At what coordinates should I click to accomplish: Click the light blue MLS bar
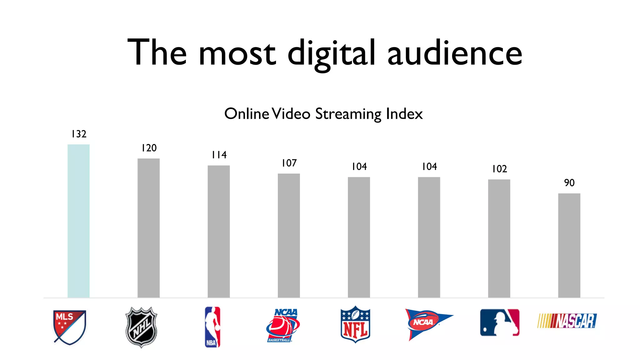(x=78, y=221)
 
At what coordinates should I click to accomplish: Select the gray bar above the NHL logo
(x=148, y=228)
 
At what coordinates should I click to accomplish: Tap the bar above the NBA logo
(x=219, y=231)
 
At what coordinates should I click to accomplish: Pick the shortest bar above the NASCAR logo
(x=569, y=245)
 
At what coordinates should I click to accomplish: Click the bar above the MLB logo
(x=499, y=238)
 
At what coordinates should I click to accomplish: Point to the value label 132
(x=79, y=134)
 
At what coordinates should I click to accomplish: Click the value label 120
(x=149, y=148)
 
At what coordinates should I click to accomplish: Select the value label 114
(x=219, y=155)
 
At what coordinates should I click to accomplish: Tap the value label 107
(x=289, y=163)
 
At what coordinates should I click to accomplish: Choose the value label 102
(x=499, y=169)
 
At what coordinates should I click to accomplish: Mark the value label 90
(x=569, y=183)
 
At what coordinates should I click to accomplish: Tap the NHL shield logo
(x=141, y=327)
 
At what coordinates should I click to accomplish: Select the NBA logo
(x=212, y=327)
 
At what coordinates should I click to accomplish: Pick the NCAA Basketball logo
(x=283, y=325)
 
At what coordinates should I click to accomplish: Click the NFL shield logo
(x=355, y=324)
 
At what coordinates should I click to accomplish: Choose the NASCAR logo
(x=567, y=321)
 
